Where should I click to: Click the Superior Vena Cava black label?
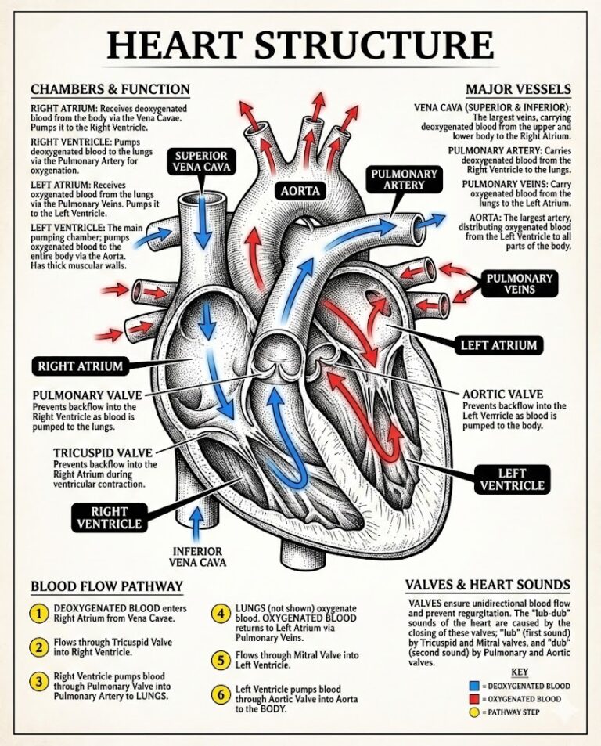(201, 163)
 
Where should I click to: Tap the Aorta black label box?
(300, 190)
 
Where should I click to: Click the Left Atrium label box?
(498, 344)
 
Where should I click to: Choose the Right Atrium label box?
(81, 366)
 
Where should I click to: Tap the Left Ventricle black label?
(512, 479)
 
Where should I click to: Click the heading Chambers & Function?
(110, 88)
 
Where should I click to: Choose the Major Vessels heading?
(518, 88)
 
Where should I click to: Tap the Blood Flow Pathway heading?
(106, 586)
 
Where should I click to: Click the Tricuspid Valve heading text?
(103, 453)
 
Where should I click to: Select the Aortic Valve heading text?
(502, 394)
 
